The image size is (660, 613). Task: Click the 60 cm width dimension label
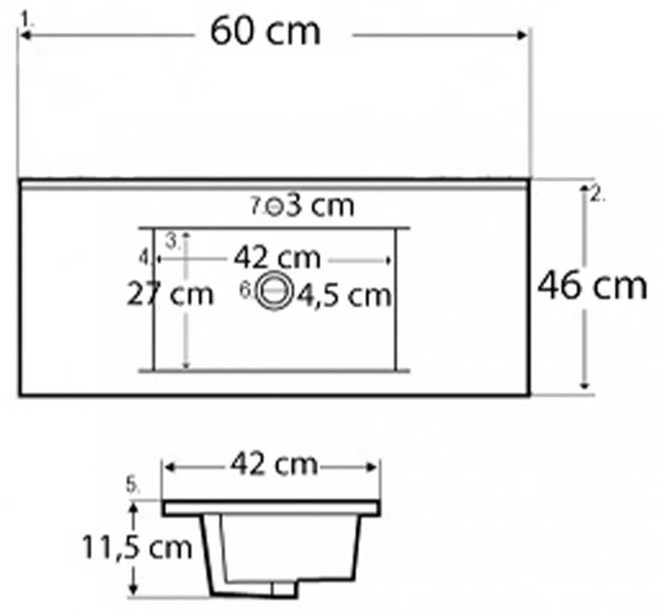click(266, 32)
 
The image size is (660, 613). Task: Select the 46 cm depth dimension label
click(592, 286)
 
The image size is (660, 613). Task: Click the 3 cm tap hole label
click(319, 206)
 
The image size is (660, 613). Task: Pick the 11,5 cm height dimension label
click(137, 547)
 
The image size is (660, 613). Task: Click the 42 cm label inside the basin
click(277, 258)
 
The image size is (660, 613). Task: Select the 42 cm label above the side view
click(273, 464)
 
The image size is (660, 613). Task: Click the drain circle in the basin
click(275, 291)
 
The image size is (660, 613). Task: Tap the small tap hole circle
click(274, 206)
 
